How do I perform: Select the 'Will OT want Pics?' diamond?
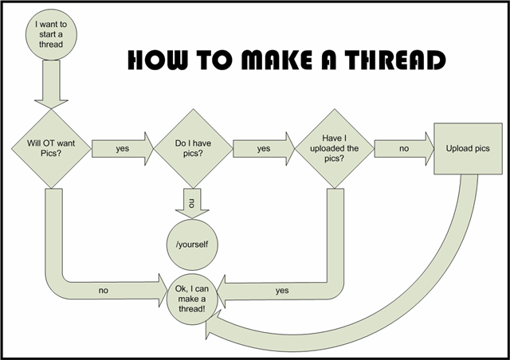[x=47, y=148]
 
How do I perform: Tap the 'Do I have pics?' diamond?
[x=190, y=148]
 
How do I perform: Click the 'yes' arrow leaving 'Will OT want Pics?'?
[x=122, y=148]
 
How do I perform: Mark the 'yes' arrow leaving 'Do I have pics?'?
[x=262, y=148]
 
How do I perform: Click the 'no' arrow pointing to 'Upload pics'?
[x=402, y=148]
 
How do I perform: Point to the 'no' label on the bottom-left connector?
[x=104, y=291]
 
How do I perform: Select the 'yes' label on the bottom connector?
[x=281, y=291]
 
